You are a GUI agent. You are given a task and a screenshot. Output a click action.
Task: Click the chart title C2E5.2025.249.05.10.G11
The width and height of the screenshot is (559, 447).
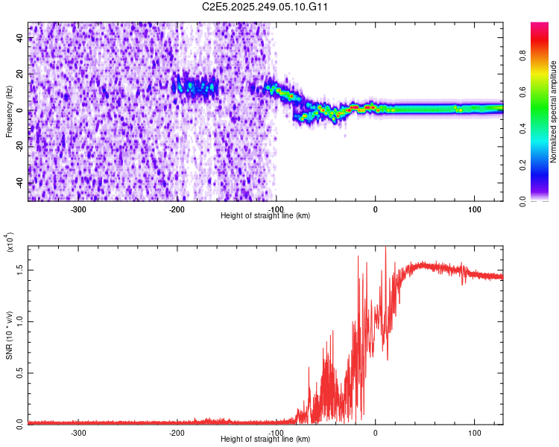(x=266, y=7)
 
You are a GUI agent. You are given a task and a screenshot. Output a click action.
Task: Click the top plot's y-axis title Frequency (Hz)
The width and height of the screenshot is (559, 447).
(x=9, y=112)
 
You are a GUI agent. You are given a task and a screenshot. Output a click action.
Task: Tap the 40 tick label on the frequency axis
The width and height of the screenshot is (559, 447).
(x=20, y=39)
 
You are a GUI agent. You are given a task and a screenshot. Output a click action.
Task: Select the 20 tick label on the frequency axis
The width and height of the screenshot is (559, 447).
(x=20, y=75)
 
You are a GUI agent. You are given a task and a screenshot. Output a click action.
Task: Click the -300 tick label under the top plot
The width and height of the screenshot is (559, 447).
(x=79, y=209)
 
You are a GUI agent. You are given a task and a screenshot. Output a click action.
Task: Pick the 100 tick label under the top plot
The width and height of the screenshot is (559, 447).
(x=474, y=209)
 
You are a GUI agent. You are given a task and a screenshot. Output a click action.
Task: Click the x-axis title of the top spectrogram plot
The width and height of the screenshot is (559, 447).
(x=265, y=215)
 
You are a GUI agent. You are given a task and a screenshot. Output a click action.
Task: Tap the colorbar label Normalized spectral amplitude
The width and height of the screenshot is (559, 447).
(x=554, y=112)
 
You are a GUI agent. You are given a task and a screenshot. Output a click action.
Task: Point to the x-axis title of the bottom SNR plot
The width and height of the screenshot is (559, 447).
(x=265, y=439)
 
